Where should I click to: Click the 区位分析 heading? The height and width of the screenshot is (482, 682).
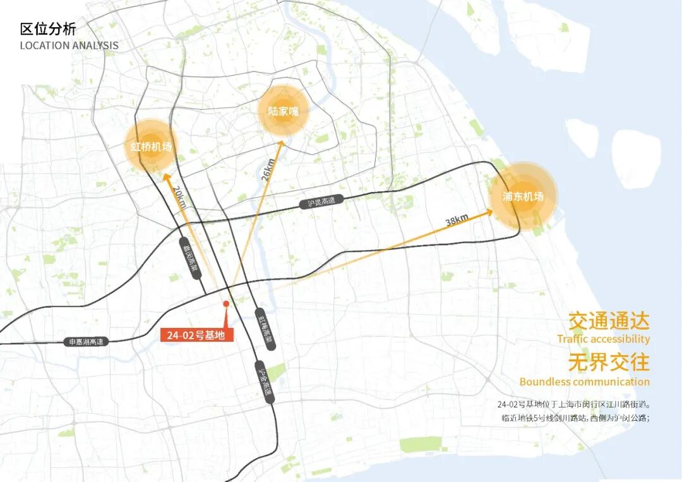(x=48, y=29)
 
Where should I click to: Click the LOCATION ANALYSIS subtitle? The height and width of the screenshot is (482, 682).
(x=69, y=45)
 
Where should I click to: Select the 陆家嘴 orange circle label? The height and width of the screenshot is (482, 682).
(x=283, y=112)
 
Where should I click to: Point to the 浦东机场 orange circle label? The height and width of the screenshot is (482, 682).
(x=523, y=196)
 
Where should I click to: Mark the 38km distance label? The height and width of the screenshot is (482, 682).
(x=457, y=219)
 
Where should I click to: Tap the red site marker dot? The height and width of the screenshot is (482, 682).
(x=225, y=304)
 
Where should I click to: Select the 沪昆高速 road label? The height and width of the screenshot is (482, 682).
(x=321, y=202)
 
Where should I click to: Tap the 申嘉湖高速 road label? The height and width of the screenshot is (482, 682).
(x=87, y=342)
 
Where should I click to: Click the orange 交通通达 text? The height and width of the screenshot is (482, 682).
(x=609, y=322)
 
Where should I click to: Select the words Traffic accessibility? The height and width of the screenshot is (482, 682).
(x=603, y=339)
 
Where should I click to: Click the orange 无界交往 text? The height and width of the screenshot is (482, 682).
(x=609, y=363)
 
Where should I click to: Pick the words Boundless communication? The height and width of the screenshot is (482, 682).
(x=584, y=382)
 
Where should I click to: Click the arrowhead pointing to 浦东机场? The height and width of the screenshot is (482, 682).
(x=489, y=212)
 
